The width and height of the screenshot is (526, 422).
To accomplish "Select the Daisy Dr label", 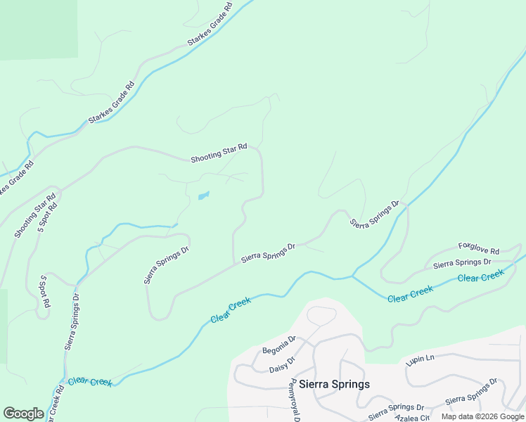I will (282, 364).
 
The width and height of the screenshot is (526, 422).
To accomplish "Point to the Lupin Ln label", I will (421, 361).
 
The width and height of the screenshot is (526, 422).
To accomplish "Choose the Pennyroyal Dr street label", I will (296, 401).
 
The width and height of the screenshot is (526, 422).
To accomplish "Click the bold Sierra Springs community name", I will (334, 384).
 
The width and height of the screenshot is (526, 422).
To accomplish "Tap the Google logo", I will (23, 413).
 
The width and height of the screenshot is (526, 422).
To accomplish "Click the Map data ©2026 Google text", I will (482, 416).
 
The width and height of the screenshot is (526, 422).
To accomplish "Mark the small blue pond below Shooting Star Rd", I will (203, 196).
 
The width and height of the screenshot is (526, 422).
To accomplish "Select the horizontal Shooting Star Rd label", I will (219, 153).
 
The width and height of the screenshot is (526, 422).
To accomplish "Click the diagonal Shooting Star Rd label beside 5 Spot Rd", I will (34, 216).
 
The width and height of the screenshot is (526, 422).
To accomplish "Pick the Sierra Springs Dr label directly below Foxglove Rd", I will (461, 264).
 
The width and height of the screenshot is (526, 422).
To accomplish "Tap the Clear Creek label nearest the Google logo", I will (90, 382).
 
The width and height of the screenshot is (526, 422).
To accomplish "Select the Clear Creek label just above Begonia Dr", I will (231, 310).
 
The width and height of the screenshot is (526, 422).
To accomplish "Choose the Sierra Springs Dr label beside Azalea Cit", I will (396, 407).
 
